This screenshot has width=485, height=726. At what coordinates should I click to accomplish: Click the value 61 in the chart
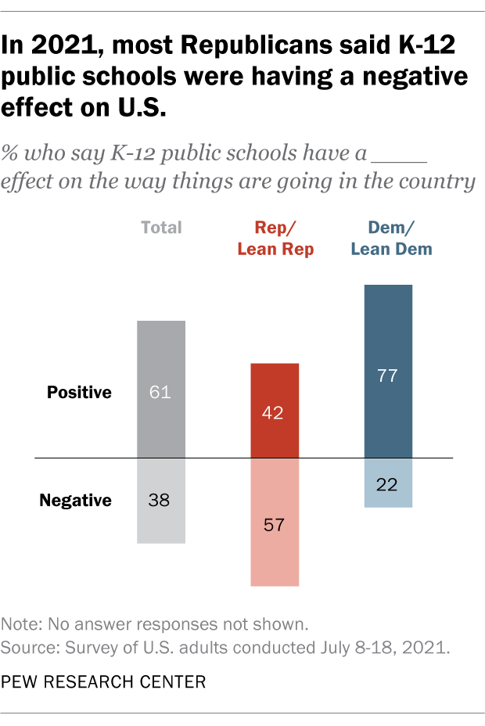pos(160,392)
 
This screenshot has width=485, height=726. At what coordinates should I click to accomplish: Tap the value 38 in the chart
pos(160,500)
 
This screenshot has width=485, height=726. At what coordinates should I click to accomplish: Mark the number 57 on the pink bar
pos(274,523)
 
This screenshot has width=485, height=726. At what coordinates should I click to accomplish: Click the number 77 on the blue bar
pos(388,375)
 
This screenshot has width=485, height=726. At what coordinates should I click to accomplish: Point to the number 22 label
pos(388,483)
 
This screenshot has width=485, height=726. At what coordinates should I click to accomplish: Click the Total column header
pos(161,228)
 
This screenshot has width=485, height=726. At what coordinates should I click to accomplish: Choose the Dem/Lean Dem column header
pos(391,239)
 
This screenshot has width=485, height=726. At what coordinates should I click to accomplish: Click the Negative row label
pos(75,500)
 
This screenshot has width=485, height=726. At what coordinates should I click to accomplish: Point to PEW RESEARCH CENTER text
pos(103,681)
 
